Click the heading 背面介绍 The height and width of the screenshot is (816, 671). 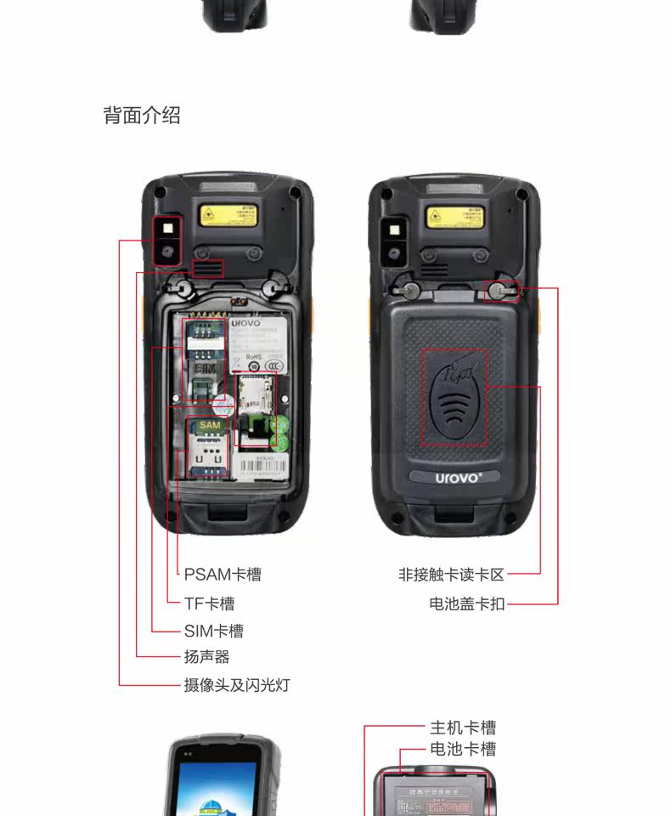(142, 116)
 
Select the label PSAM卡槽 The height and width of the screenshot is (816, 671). (223, 575)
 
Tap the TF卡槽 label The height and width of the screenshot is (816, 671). (209, 603)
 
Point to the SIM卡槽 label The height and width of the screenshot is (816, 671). (213, 631)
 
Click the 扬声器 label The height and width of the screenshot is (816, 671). (206, 657)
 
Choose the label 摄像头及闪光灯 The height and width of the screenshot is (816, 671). (237, 685)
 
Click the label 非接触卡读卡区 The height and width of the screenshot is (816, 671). (451, 575)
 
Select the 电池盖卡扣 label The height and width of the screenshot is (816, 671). (466, 604)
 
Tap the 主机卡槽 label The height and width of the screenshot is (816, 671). (463, 728)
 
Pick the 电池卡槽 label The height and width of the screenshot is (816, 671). (463, 749)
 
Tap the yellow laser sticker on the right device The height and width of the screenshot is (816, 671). (455, 214)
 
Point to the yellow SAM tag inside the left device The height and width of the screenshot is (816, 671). (209, 425)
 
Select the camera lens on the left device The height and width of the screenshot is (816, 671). (166, 252)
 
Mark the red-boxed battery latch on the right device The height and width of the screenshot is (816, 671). (500, 291)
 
